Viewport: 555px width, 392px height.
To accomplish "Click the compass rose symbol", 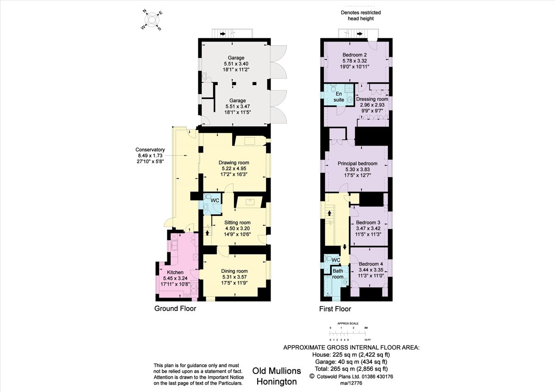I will (x=151, y=19).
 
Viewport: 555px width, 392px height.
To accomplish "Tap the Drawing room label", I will (x=234, y=163).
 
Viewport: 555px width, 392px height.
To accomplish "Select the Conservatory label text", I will (x=150, y=150).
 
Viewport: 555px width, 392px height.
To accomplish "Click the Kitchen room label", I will (x=175, y=272).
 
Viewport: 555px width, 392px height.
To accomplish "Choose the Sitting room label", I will (x=237, y=222).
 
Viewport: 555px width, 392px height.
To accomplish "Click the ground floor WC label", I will (x=215, y=201).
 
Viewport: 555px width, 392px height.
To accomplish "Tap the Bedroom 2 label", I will (x=355, y=55).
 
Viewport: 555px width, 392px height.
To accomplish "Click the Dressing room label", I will (x=372, y=99).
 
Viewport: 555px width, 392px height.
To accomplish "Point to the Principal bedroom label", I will (x=358, y=164).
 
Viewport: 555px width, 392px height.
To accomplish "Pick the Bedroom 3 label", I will (x=368, y=222).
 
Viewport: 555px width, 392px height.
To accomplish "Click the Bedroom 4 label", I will (x=368, y=264).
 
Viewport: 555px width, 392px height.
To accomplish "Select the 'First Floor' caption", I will (x=335, y=309).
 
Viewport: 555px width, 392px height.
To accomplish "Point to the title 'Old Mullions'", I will (x=277, y=371).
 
